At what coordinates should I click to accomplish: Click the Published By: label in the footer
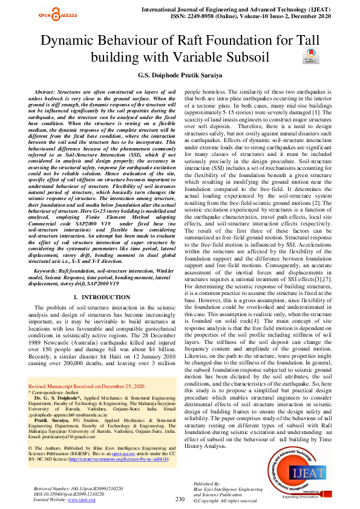coord(208,484)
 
